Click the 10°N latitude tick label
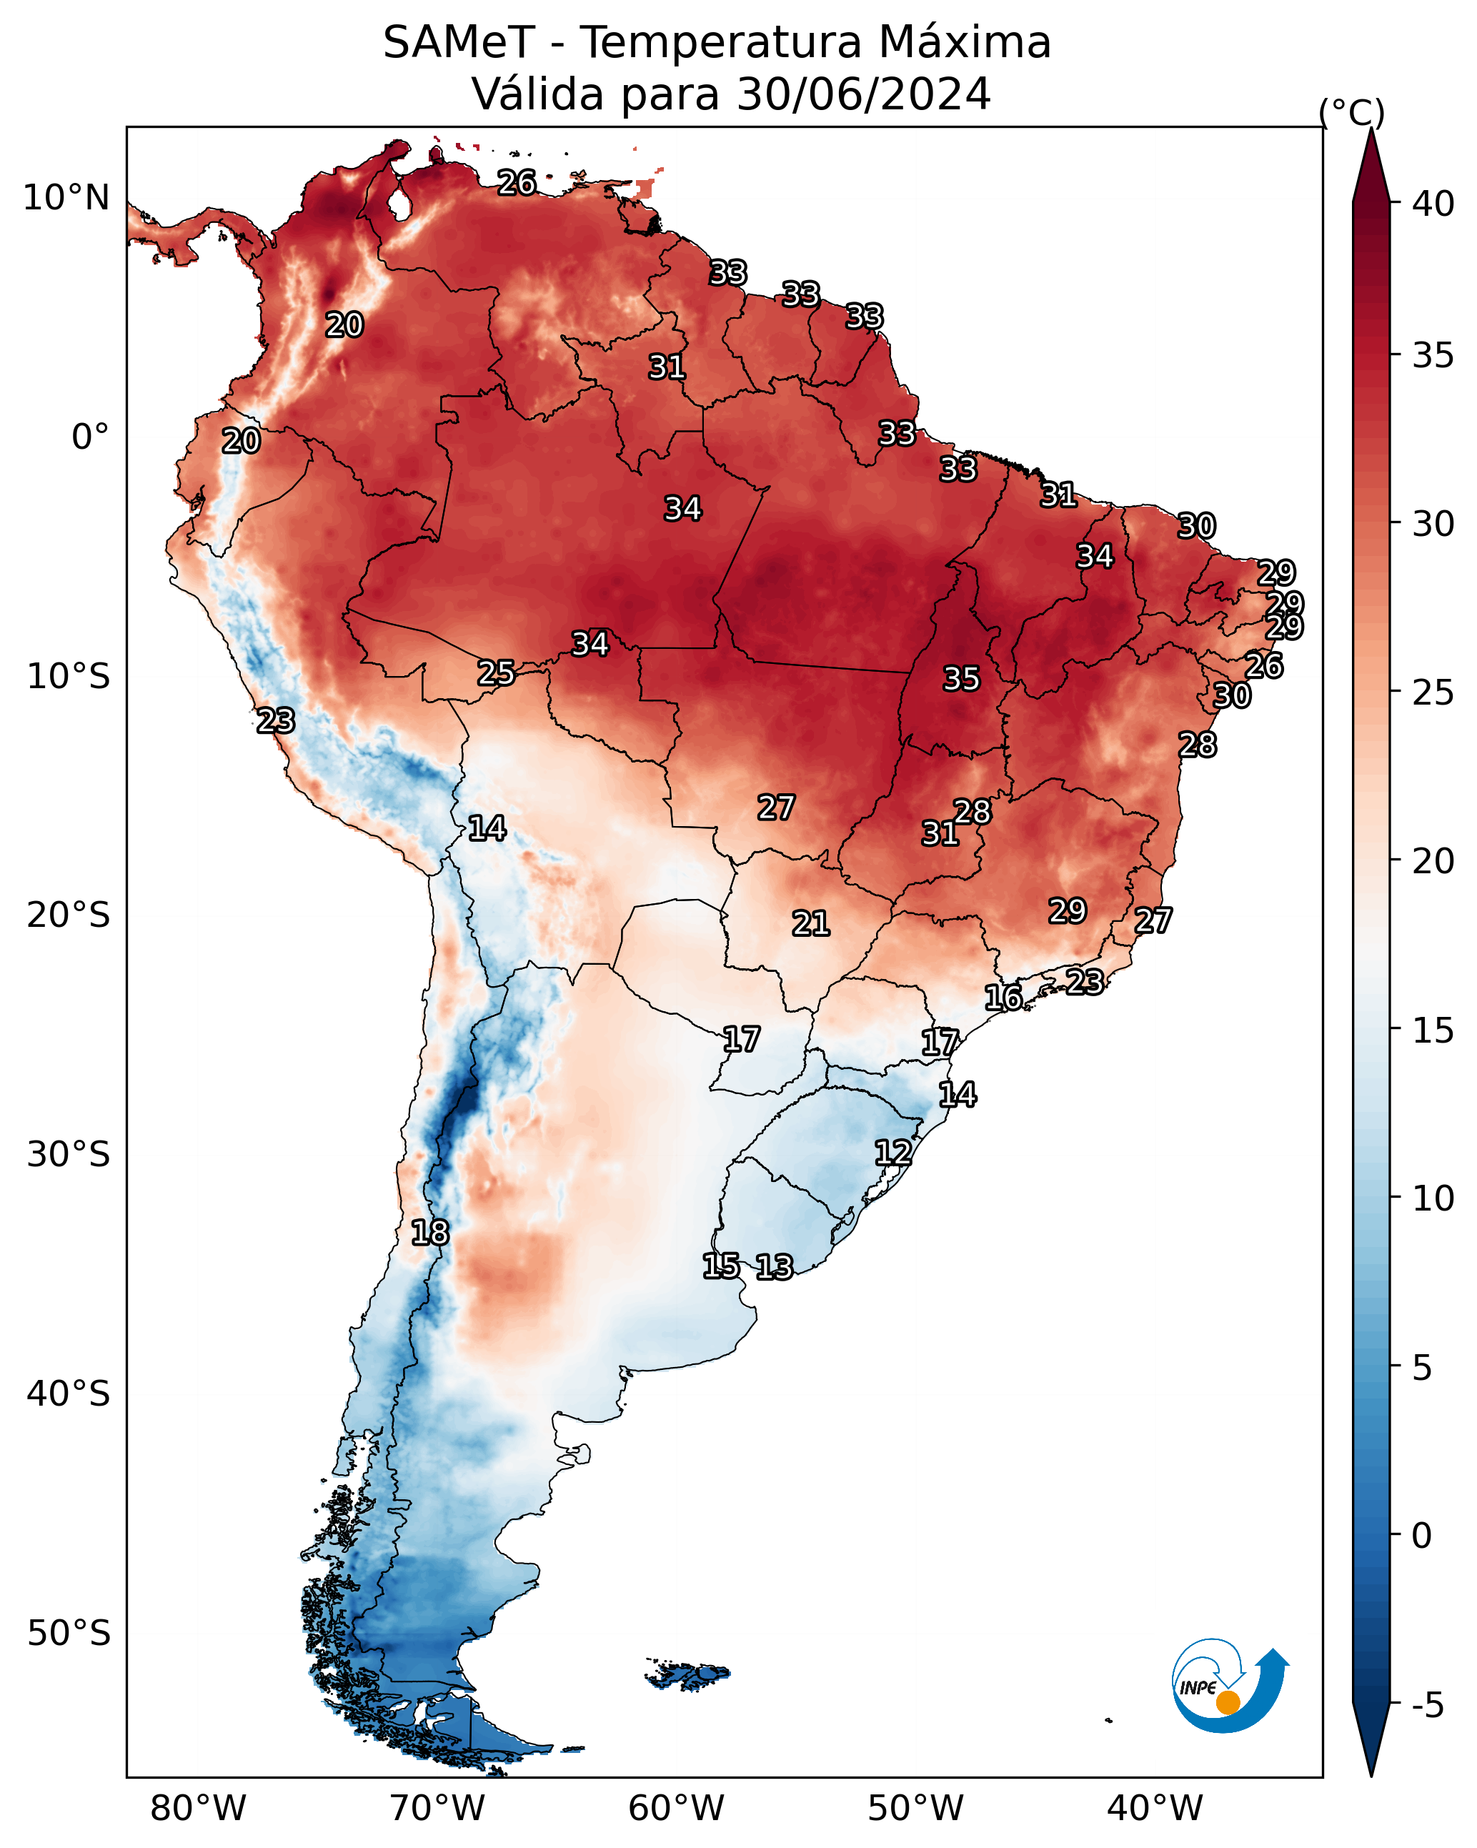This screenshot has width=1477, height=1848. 66,198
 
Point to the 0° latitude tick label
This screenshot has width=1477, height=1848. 90,437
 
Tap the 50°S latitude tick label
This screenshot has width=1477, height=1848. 69,1634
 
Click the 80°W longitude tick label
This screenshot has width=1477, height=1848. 198,1808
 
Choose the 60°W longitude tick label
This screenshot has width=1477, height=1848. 677,1808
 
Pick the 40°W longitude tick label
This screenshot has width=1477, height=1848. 1155,1808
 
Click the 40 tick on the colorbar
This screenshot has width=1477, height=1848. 1433,204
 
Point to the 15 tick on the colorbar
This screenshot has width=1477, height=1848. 1433,1030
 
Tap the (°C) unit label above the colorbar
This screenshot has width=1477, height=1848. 1352,112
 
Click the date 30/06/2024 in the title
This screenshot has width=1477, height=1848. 863,94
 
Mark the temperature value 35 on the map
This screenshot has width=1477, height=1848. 961,679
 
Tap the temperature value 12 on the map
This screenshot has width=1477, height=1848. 892,1152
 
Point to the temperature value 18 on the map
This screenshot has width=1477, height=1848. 429,1233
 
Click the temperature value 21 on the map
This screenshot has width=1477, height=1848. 810,923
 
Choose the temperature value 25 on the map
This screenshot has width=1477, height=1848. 495,673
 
